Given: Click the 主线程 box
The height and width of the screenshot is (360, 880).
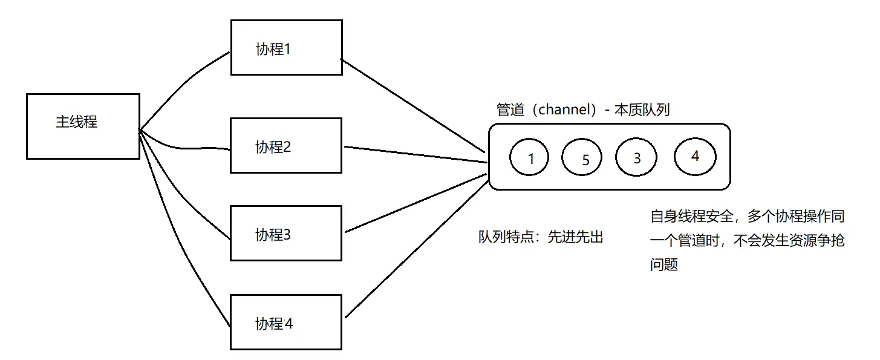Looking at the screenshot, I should coord(83,126).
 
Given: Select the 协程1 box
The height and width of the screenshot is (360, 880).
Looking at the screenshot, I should coord(286,47).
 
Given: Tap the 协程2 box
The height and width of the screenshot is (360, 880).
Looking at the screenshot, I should coord(286,145).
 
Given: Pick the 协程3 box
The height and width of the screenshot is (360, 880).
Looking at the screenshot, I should coord(286,233).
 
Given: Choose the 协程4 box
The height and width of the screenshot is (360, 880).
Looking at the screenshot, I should coord(286,322).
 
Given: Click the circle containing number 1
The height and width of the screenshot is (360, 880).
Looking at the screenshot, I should coord(529,159).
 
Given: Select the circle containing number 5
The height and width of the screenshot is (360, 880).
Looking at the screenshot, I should coord(582,159).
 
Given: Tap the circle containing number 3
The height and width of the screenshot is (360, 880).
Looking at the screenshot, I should coord(636,157).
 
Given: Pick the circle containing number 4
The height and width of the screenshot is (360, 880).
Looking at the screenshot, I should coord(695,156).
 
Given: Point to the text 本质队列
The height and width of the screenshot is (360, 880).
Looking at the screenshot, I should coord(642,110).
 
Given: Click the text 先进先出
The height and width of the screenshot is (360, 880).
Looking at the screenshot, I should coord(575,237).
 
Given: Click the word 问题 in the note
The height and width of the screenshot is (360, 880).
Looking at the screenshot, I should coord(663,264).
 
